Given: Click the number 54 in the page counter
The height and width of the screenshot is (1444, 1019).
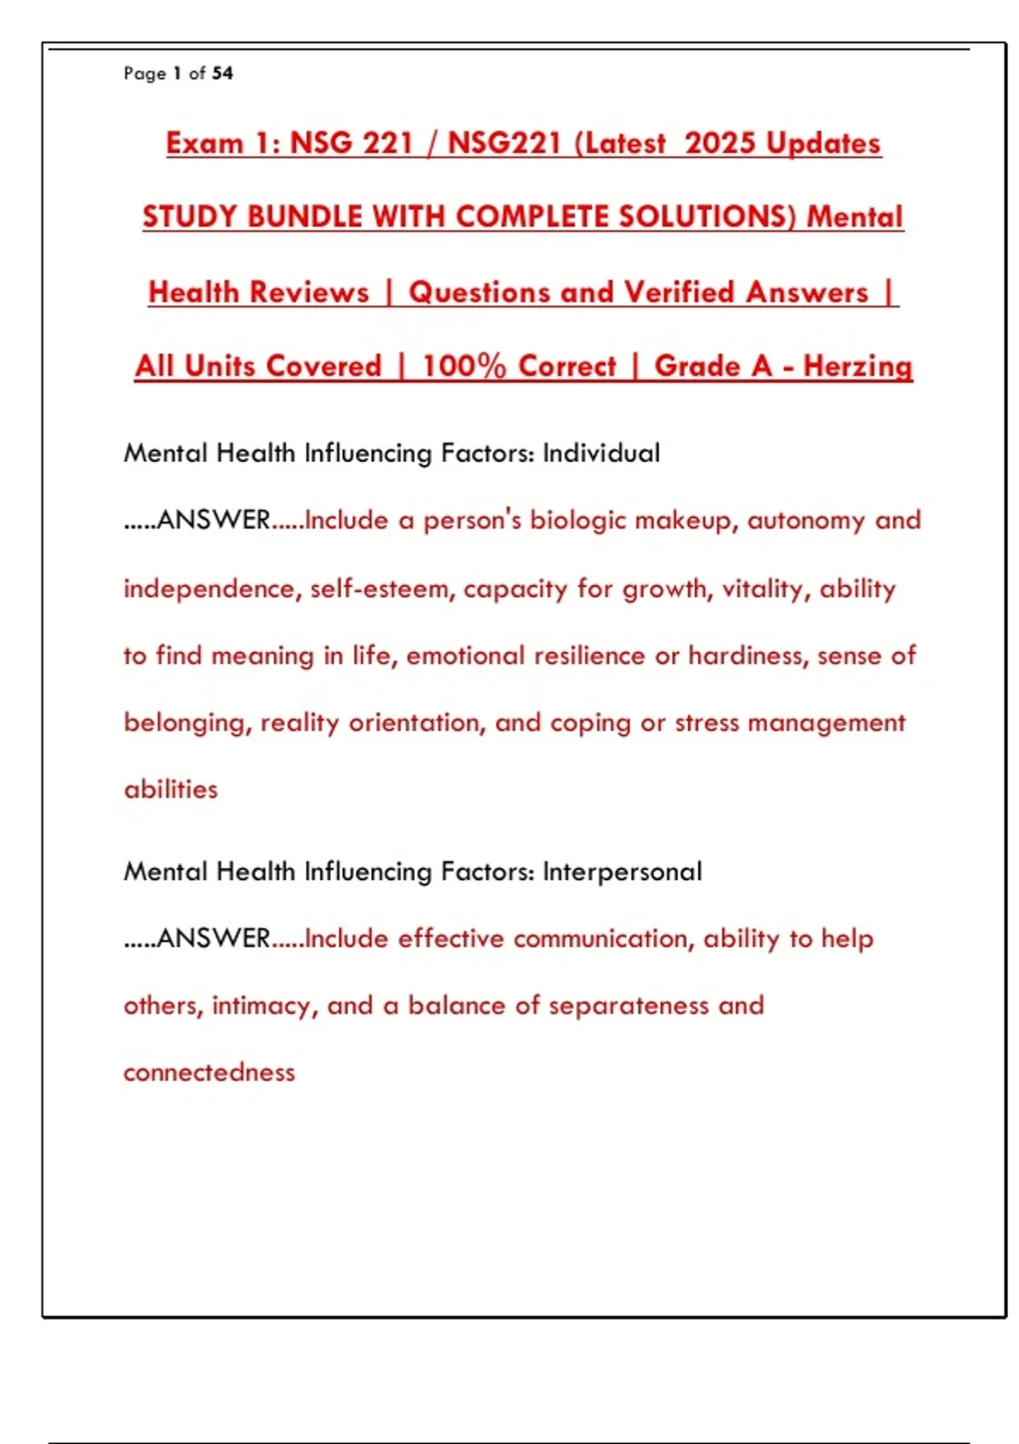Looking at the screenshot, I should tap(222, 73).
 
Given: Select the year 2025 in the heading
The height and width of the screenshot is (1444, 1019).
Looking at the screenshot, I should tap(720, 143).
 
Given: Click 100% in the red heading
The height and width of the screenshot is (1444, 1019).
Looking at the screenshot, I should tap(464, 366).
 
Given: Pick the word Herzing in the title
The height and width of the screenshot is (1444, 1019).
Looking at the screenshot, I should tap(858, 366).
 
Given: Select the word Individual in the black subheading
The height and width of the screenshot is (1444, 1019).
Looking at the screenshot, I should tap(601, 453).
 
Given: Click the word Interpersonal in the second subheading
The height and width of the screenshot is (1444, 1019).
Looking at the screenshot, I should tap(622, 871).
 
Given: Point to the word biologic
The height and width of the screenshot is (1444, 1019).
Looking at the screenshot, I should tap(577, 520).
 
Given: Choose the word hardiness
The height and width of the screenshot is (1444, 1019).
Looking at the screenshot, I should tap(747, 656).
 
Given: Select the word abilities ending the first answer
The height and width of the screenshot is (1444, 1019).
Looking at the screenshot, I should tap(171, 790).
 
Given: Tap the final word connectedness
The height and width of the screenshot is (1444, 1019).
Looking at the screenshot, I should tap(209, 1073).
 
